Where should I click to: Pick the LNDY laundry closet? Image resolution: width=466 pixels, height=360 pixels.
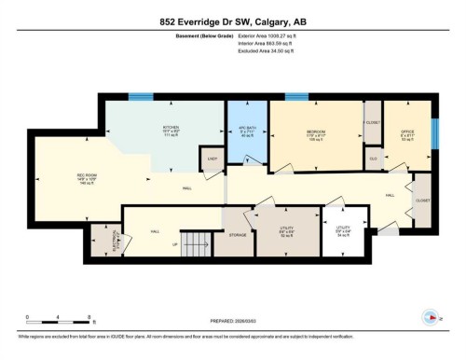(212, 160)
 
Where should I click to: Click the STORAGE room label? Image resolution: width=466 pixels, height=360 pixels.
(238, 235)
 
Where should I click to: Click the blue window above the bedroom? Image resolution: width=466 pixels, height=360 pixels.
(296, 96)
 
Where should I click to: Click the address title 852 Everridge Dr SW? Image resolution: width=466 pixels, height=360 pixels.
(233, 22)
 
